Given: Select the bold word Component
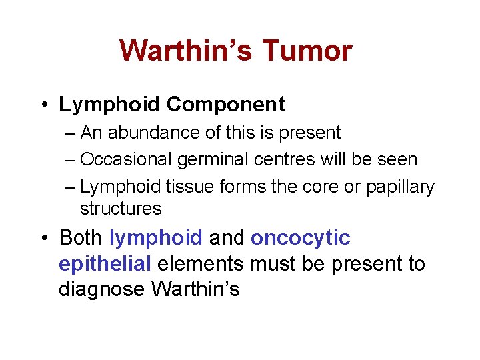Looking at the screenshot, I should coord(225,105).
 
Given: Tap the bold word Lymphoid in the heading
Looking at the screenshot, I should coord(110,105).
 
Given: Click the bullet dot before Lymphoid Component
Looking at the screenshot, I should coord(42,105).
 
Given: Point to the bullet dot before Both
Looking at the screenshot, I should coord(42,238).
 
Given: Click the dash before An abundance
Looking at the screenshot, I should coord(71,133).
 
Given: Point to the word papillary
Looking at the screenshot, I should coord(400,188).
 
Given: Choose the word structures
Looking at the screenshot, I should coord(121,209).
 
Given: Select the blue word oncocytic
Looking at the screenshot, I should coord(300,238).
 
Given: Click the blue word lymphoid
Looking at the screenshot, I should coord(155,238).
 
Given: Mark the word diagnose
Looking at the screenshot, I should coord(103,290).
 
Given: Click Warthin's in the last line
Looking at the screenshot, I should coord(195,290).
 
